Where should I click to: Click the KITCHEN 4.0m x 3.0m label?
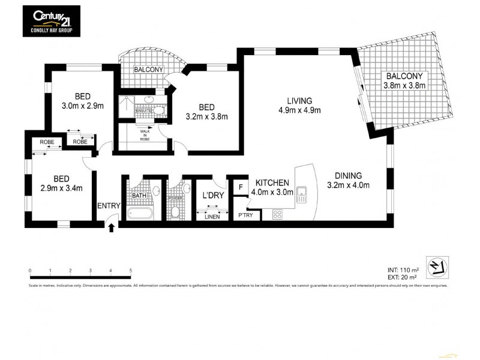[x=273, y=187]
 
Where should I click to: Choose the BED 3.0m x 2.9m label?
[x=83, y=101]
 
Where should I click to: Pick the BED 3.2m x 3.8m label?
[x=207, y=112]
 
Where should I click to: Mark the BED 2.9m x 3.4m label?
[x=61, y=184]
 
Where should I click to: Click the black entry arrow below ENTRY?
[x=111, y=226]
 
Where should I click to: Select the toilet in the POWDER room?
[x=175, y=212]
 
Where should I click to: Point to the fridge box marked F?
[x=241, y=187]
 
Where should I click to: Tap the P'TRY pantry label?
[x=245, y=215]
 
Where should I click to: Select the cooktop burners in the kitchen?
[x=278, y=214]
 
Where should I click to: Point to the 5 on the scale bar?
[x=130, y=271]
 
